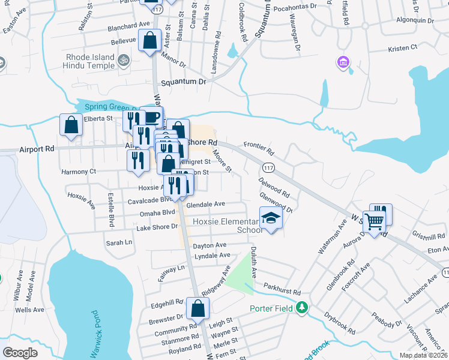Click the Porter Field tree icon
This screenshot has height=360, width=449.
[x=303, y=308]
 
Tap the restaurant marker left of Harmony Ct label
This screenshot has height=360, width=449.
[x=138, y=160]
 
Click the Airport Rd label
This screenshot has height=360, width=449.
[x=37, y=148]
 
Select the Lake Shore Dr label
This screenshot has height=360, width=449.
[x=157, y=227]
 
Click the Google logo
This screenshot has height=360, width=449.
[x=20, y=352]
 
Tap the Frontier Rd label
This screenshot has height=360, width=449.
[x=259, y=148]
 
